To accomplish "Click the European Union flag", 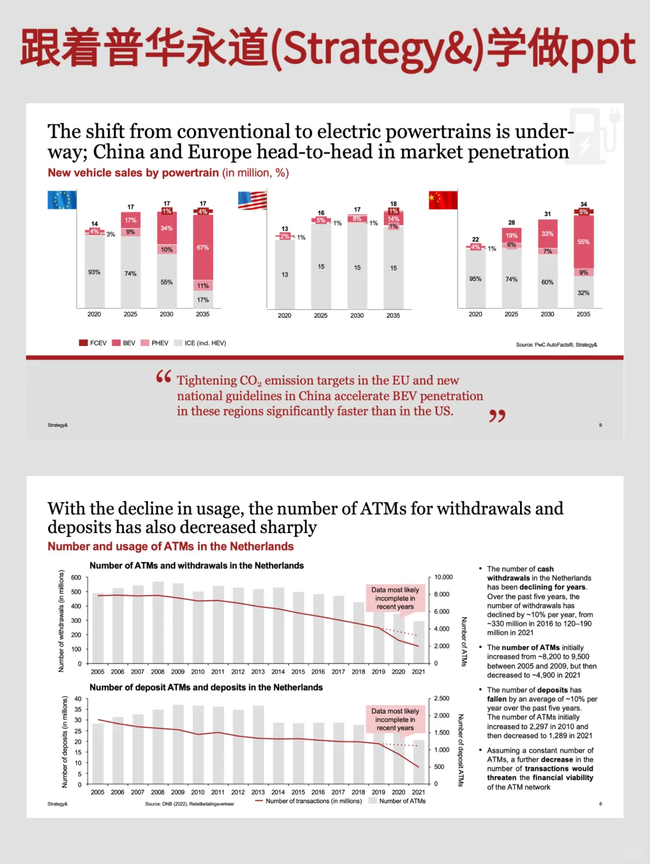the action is tap(62, 200).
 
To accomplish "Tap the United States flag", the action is tap(252, 200).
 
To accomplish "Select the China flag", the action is tap(443, 200).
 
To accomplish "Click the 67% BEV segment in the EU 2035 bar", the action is tap(203, 247).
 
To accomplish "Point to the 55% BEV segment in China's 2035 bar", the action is tap(583, 242).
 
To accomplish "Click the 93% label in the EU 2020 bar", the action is tap(94, 272).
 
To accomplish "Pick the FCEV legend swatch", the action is tap(83, 343).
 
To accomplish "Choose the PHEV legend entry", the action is tap(154, 343).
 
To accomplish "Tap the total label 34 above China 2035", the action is tap(583, 205).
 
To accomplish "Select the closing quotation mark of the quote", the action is tap(497, 416).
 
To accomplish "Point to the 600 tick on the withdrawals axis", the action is tap(76, 578).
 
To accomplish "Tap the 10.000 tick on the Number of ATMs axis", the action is tap(444, 577).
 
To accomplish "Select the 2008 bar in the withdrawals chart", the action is tap(158, 622).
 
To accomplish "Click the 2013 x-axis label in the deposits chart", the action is tap(258, 792).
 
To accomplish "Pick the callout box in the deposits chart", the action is tap(395, 720).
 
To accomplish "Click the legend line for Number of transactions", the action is tap(259, 801).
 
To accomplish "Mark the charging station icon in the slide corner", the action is tap(595, 135).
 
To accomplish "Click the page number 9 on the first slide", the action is tap(600, 425).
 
